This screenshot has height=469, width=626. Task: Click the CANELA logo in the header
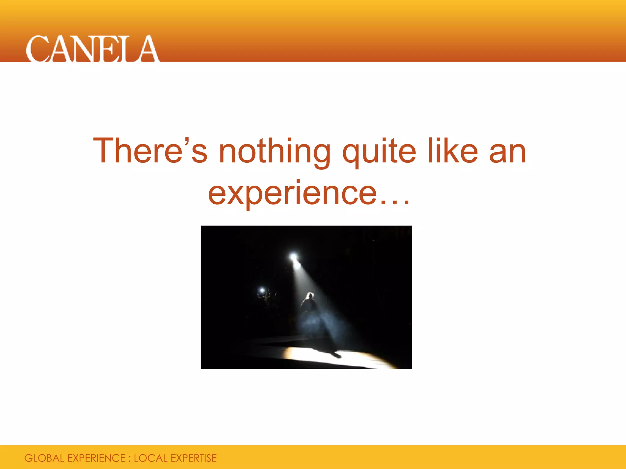coord(92,49)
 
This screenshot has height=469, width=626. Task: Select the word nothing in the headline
coord(274,152)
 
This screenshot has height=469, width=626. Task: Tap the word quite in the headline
coord(379,152)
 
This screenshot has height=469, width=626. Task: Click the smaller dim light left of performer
coord(262,290)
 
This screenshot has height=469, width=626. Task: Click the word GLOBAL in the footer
coord(44,458)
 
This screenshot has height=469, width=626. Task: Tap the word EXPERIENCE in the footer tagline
coord(96,458)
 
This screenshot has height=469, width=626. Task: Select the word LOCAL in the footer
coord(151,458)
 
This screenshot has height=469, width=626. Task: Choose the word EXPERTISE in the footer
coord(193,458)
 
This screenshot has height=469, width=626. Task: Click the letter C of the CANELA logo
coord(38,49)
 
